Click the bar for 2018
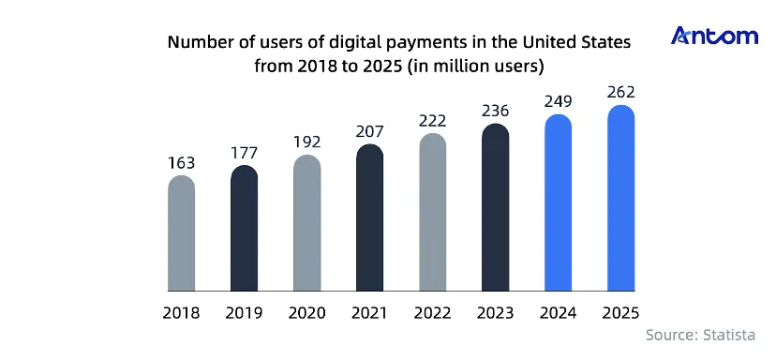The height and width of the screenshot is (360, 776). (x=181, y=232)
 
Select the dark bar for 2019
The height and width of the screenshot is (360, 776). (x=244, y=228)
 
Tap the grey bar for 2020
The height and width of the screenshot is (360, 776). (x=306, y=223)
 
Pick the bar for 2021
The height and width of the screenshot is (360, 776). (x=369, y=217)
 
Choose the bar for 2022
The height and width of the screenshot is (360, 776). (x=433, y=212)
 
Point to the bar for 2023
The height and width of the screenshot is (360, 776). (x=496, y=207)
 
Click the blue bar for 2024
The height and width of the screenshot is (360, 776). (x=559, y=202)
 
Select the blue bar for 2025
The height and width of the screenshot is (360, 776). (x=621, y=198)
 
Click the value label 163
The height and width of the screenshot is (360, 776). (x=181, y=163)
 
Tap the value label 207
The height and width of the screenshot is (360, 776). (x=369, y=132)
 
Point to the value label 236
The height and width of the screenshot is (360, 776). (x=496, y=111)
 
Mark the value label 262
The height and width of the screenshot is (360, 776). (x=621, y=92)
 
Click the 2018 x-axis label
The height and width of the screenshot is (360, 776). (x=181, y=313)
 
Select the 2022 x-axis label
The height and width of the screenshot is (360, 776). (x=433, y=313)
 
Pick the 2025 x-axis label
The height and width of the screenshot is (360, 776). (x=621, y=313)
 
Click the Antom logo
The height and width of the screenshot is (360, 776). (x=714, y=37)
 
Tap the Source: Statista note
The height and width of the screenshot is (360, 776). (x=701, y=336)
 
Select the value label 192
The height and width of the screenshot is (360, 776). (x=306, y=142)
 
